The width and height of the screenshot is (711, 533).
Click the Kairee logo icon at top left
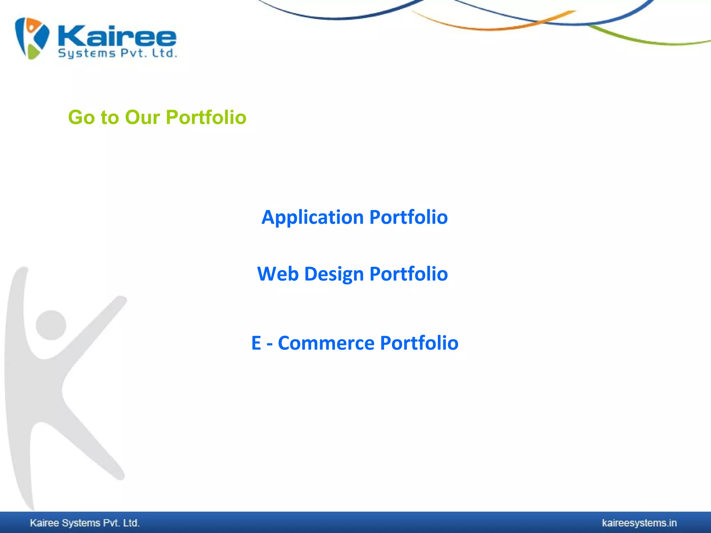[x=32, y=38]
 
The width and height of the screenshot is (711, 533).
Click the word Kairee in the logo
[x=117, y=36]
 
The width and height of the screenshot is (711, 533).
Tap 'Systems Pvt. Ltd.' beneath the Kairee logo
[x=117, y=53]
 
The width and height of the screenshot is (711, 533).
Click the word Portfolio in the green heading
[x=206, y=117]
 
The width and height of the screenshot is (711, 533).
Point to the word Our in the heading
[x=142, y=117]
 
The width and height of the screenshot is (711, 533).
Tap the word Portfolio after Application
[x=408, y=218]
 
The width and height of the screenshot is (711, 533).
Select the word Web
[x=278, y=274]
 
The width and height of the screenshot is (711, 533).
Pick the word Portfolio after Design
[x=408, y=274]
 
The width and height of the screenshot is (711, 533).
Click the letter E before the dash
[x=256, y=343]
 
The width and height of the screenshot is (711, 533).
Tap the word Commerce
[x=326, y=343]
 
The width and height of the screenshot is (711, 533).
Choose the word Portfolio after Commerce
[x=419, y=343]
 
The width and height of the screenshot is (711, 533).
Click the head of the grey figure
[x=51, y=325]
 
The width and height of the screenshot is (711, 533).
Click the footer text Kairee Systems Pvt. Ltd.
[x=85, y=523]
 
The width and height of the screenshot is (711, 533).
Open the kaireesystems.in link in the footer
[x=639, y=523]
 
